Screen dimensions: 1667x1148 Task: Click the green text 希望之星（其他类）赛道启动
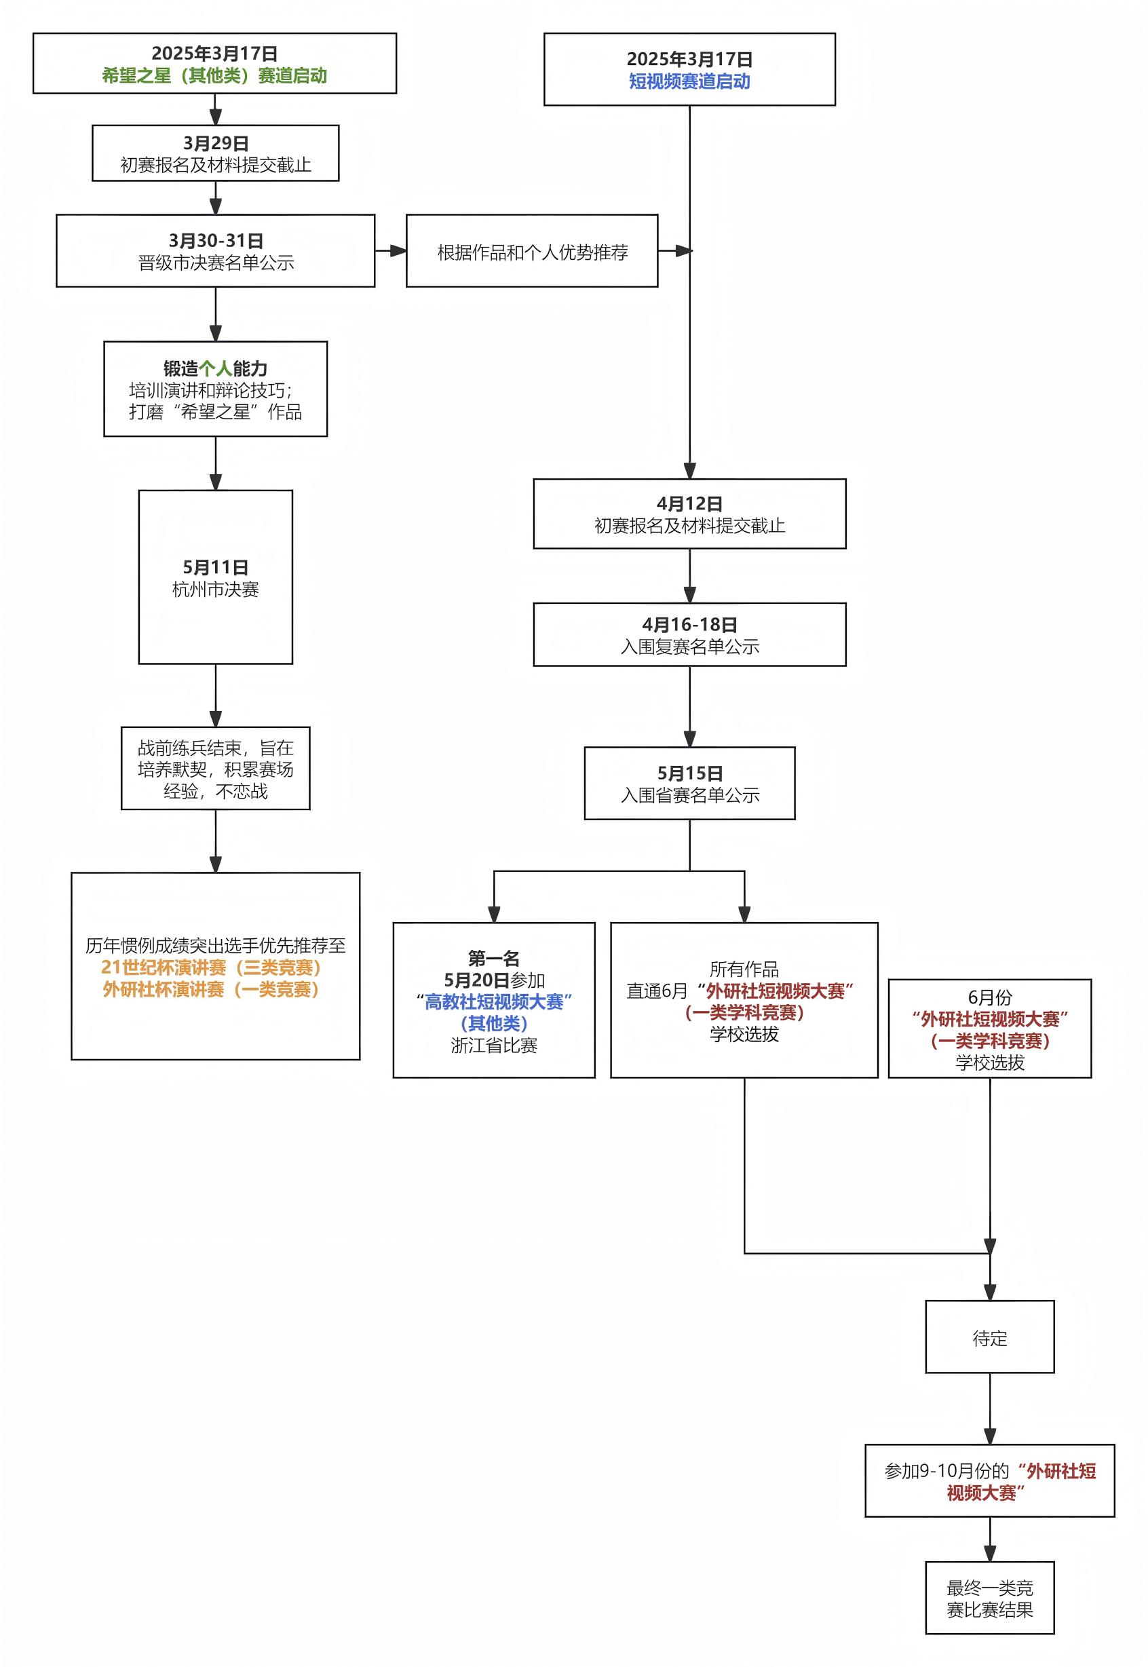point(214,75)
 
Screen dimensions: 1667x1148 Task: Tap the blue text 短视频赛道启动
point(689,81)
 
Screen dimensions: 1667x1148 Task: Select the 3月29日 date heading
point(215,143)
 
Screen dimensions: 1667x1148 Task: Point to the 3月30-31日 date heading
point(215,240)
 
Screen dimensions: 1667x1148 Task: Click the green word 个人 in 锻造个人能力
point(215,369)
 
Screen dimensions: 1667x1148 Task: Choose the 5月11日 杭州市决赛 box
point(215,577)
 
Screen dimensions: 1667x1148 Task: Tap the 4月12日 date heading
point(689,503)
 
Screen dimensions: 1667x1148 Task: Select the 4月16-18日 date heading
point(689,624)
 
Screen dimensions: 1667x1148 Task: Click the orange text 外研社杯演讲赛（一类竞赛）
point(211,990)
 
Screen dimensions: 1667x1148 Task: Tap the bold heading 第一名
point(493,958)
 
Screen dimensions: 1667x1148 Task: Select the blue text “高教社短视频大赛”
point(493,1002)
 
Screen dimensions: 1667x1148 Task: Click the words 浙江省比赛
point(493,1046)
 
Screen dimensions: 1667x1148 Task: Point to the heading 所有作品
point(744,969)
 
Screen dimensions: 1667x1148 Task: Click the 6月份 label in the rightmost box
point(989,997)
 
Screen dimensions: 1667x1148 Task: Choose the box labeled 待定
point(989,1339)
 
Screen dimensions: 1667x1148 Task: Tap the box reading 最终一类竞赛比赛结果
point(989,1598)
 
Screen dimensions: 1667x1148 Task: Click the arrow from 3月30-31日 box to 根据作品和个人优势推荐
point(391,251)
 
